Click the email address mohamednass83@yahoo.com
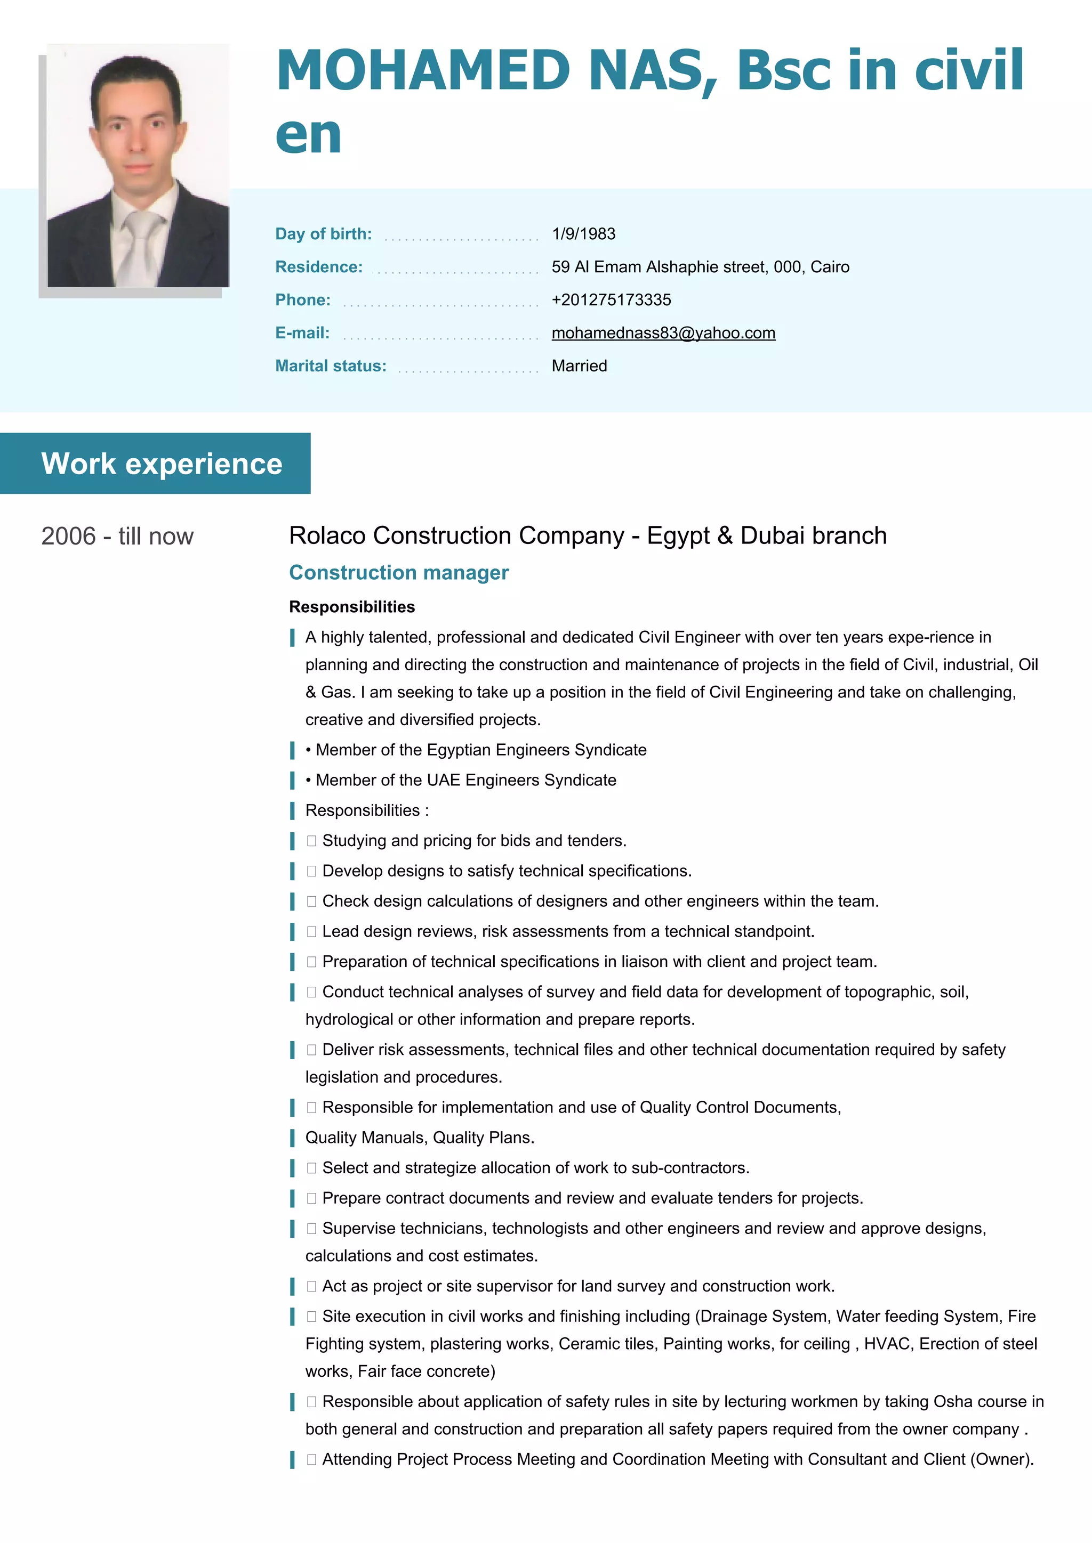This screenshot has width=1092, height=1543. coord(663,334)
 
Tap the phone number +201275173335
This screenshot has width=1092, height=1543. coord(611,300)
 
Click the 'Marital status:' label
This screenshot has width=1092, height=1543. coord(331,366)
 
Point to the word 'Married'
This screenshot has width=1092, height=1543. coord(579,366)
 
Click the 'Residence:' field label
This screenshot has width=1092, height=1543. coord(319,267)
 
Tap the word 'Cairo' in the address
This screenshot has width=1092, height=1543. coord(830,267)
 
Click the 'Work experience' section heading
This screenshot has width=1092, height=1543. coord(162,464)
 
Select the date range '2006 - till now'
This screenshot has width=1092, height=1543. coord(117,537)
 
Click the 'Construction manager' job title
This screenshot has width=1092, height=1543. coord(399,573)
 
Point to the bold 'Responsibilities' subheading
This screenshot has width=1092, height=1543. coord(352,607)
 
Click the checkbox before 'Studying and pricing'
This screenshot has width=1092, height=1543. coord(311,841)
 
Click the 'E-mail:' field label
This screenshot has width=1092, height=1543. coord(302,334)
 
